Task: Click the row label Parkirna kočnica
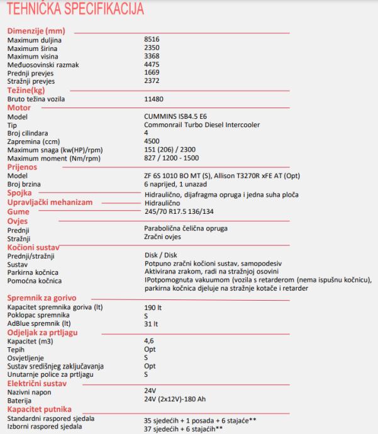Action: (x=34, y=272)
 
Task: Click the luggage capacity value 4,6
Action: (x=150, y=340)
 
